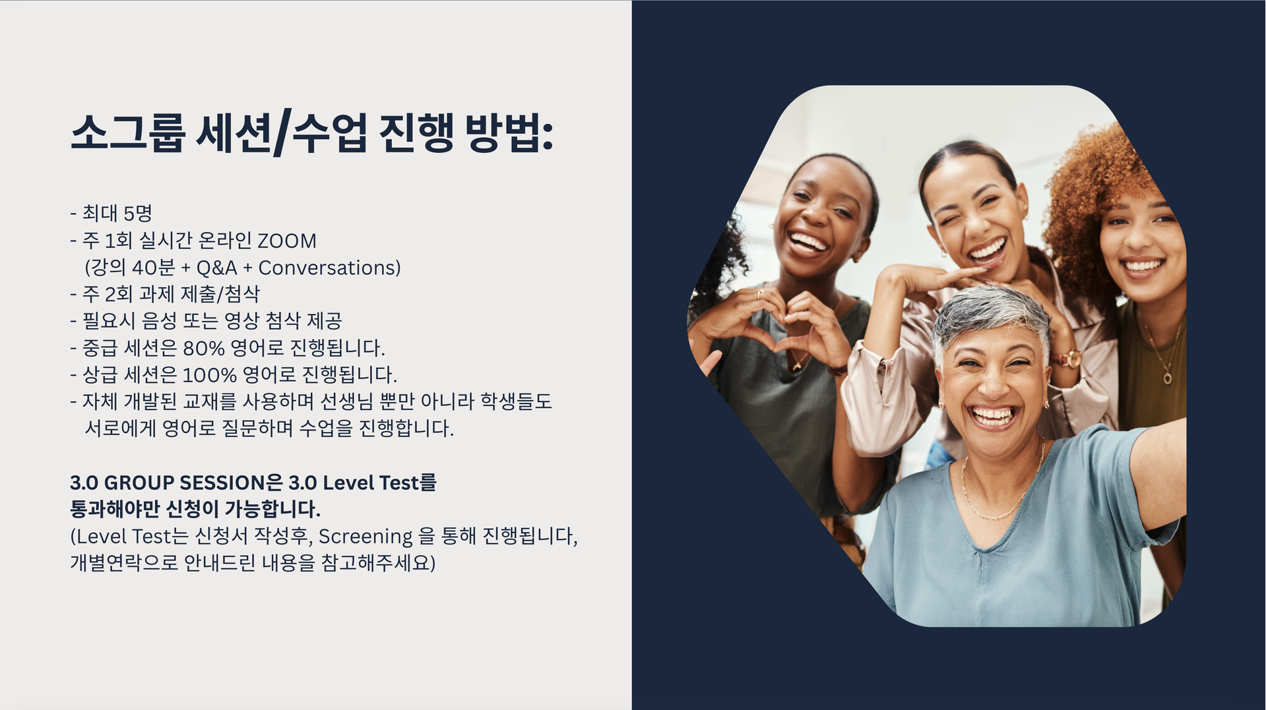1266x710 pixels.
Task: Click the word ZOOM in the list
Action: (287, 241)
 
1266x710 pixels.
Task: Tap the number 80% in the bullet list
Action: (204, 347)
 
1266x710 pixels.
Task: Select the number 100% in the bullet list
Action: (209, 374)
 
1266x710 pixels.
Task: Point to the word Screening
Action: (365, 537)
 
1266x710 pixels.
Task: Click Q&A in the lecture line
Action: (216, 268)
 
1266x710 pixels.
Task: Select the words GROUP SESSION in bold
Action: (185, 483)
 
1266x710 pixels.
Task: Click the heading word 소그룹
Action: (126, 133)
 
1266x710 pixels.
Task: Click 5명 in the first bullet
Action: (138, 213)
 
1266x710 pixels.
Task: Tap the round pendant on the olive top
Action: (1167, 378)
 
